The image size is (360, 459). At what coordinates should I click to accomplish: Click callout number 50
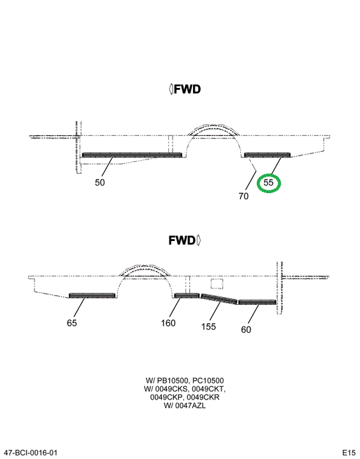coord(100,182)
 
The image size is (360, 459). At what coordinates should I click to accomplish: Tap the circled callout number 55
coord(268,182)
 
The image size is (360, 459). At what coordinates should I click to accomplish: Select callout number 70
coord(243,196)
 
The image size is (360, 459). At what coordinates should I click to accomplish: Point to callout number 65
coord(72,323)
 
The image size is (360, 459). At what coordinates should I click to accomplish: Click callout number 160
coord(168,323)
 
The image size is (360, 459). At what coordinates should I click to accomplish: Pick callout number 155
coord(208,326)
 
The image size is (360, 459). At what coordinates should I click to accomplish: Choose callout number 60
coord(246,330)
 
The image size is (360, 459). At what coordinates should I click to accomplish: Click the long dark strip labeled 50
coord(132,155)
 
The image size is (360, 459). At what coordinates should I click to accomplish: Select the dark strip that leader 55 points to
coord(267,155)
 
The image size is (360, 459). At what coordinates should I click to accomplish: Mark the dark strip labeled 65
coord(92,296)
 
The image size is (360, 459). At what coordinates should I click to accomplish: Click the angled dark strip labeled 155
coord(219,299)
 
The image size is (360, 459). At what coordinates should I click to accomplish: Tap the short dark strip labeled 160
coord(187,295)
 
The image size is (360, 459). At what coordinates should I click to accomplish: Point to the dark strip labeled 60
coord(257,302)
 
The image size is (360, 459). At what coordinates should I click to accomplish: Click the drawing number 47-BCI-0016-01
coord(29,453)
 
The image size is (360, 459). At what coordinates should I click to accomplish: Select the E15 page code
coord(349,453)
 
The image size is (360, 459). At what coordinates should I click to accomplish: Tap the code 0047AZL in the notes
coord(191,405)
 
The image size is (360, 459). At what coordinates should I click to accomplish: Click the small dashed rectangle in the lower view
coord(217,284)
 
